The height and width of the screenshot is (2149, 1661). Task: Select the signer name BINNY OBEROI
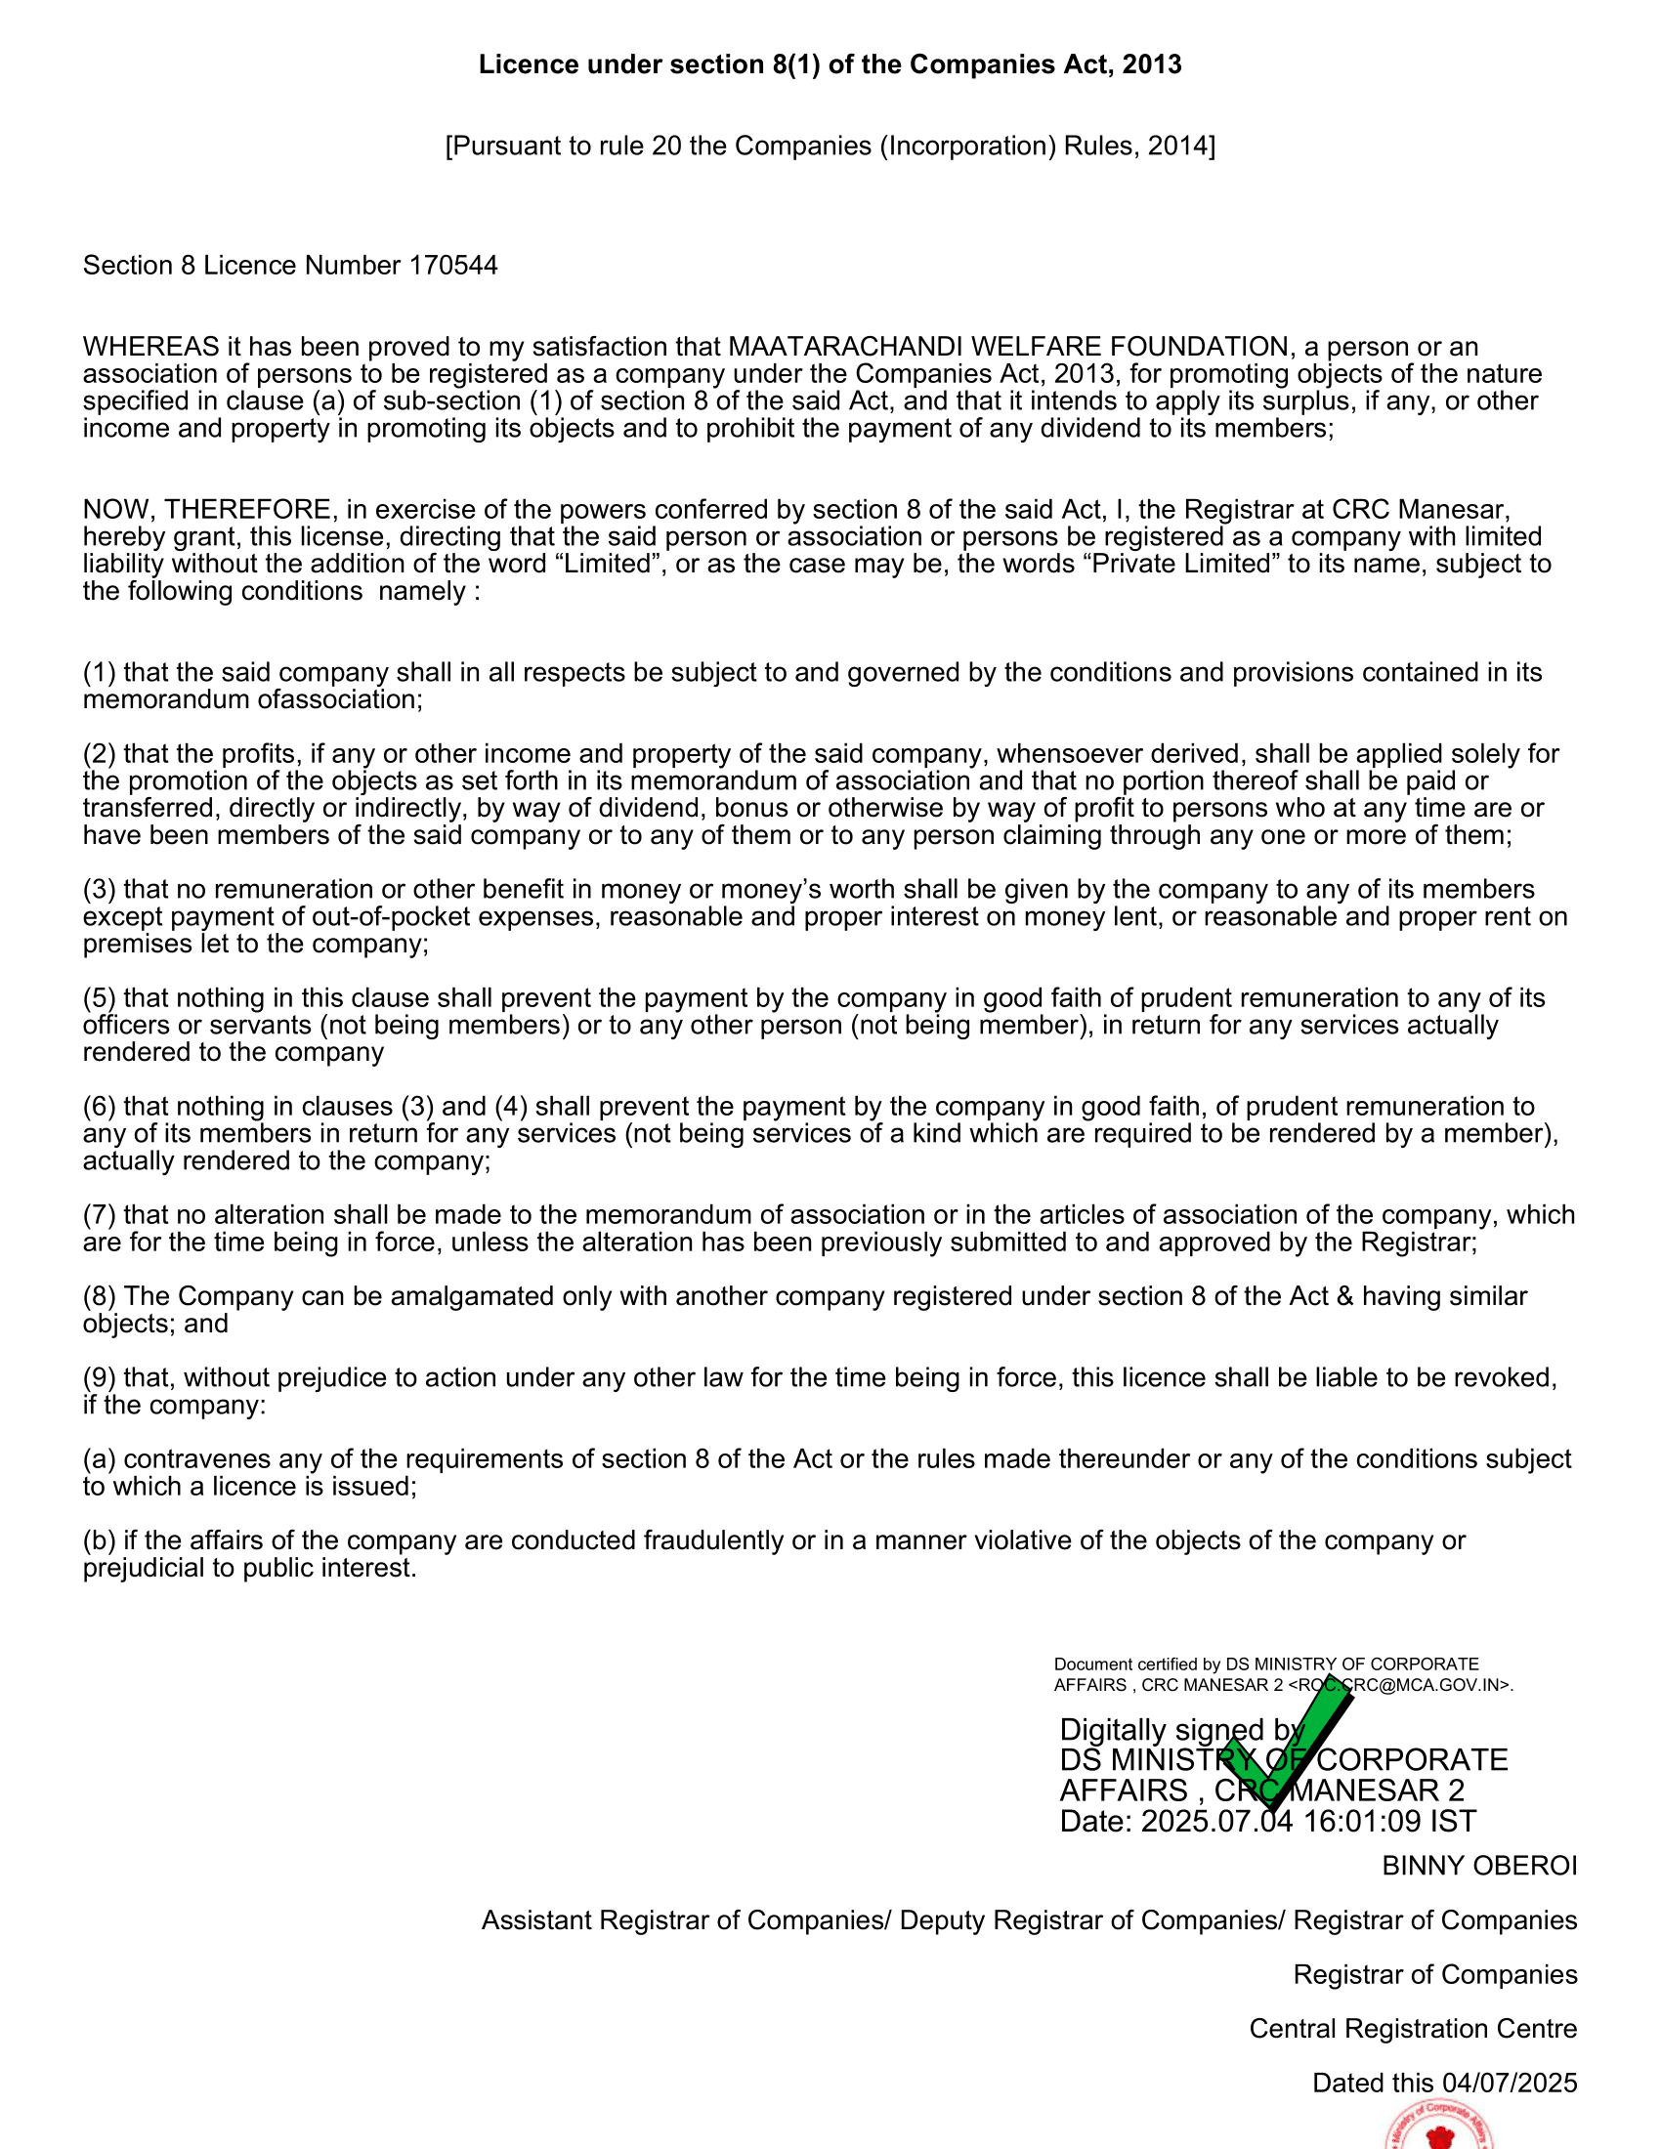[x=1479, y=1866]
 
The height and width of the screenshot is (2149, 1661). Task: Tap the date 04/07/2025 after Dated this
[x=1510, y=2084]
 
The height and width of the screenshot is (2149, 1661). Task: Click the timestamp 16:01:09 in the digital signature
[x=1362, y=1822]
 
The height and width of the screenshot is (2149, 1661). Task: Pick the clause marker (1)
[x=100, y=673]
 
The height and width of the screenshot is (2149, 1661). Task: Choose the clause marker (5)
[x=100, y=998]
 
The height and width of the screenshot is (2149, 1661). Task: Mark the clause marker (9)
[x=100, y=1378]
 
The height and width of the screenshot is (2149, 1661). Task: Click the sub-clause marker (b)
[x=100, y=1540]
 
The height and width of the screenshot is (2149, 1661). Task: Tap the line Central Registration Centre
[x=1412, y=2029]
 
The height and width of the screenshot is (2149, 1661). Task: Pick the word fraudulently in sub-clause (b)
[x=721, y=1540]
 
